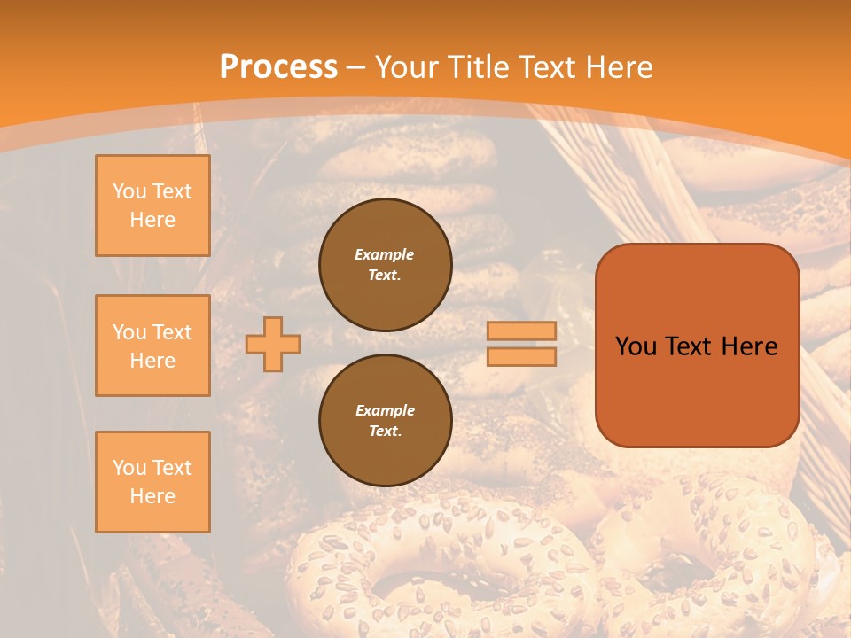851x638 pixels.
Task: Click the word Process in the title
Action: pyautogui.click(x=278, y=67)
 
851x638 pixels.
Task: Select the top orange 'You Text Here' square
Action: pyautogui.click(x=152, y=206)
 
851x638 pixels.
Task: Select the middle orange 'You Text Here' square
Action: pyautogui.click(x=152, y=346)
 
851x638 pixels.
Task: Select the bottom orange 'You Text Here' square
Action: pyautogui.click(x=152, y=481)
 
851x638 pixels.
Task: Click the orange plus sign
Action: pyautogui.click(x=273, y=344)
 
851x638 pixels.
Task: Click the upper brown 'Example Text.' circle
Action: pyautogui.click(x=385, y=265)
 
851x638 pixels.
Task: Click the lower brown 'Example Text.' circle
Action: pyautogui.click(x=385, y=421)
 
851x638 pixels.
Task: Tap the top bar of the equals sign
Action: pyautogui.click(x=521, y=331)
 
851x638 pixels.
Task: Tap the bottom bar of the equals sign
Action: pyautogui.click(x=521, y=356)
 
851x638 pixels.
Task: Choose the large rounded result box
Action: pyautogui.click(x=697, y=346)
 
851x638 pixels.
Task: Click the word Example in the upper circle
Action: pyautogui.click(x=385, y=254)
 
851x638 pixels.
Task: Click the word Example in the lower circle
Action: pyautogui.click(x=385, y=410)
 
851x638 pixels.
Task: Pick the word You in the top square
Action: pyautogui.click(x=129, y=191)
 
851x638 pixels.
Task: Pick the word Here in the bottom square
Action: pyautogui.click(x=152, y=496)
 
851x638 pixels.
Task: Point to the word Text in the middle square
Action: pyautogui.click(x=171, y=332)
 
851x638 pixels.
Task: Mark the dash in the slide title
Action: pyautogui.click(x=355, y=67)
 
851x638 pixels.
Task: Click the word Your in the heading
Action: pyautogui.click(x=407, y=67)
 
